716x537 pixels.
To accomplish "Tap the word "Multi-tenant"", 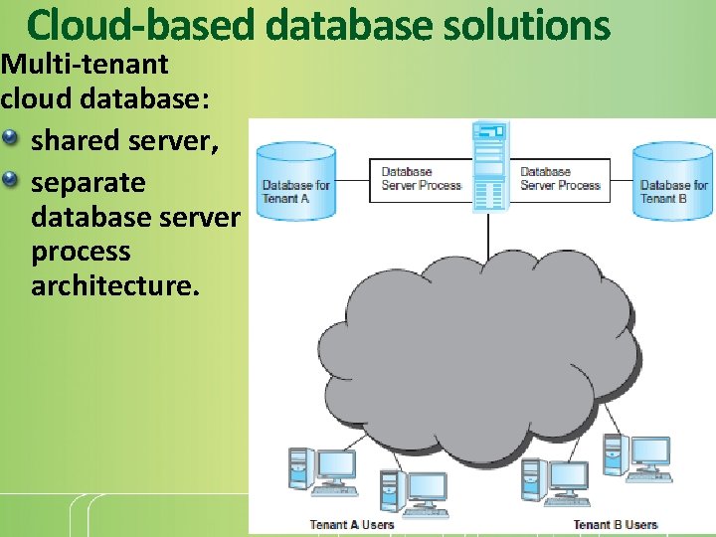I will click(x=85, y=66).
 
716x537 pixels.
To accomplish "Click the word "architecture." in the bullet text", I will click(x=115, y=286).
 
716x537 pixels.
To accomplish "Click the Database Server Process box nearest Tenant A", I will click(x=421, y=179).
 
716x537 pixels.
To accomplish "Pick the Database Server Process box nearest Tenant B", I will click(x=560, y=179).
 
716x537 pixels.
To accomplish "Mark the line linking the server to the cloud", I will click(x=488, y=229).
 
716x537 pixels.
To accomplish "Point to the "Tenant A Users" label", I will click(x=351, y=524).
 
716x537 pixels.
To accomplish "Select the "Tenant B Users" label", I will click(x=615, y=524).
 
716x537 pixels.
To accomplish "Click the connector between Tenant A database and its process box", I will click(x=352, y=180).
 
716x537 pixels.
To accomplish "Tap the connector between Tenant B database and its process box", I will click(x=620, y=180).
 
